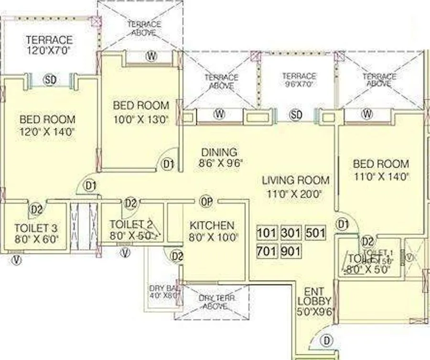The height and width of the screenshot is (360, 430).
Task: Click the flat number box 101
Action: click(267, 233)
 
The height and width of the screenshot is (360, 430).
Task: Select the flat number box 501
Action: click(315, 233)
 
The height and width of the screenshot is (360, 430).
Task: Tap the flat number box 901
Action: click(290, 251)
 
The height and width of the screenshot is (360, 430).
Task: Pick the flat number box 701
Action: click(267, 251)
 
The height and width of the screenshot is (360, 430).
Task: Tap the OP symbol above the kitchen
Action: click(206, 201)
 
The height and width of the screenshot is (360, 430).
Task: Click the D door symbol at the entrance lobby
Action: click(326, 341)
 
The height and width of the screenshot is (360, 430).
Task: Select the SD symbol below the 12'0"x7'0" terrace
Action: click(50, 79)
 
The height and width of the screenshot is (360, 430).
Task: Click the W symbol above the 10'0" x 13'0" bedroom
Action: click(151, 56)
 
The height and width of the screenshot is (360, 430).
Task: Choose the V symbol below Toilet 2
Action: click(125, 253)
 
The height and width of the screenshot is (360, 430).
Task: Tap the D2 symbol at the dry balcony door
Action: click(177, 256)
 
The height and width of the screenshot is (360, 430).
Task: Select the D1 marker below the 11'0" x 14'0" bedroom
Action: click(342, 223)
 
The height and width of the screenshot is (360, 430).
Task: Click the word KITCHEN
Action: click(212, 225)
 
